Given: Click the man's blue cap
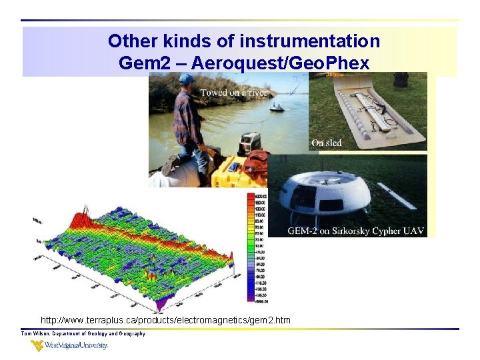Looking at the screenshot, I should coord(187,79).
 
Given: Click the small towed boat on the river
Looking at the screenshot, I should coord(276,108).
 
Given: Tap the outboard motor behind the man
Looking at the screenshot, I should coord(249,144).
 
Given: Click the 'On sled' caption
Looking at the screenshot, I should coord(327,143).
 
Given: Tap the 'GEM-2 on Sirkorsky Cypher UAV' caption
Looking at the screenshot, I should coord(354,231).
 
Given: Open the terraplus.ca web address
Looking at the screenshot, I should coord(165,321).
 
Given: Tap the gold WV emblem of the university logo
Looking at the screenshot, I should coord(38,345).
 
